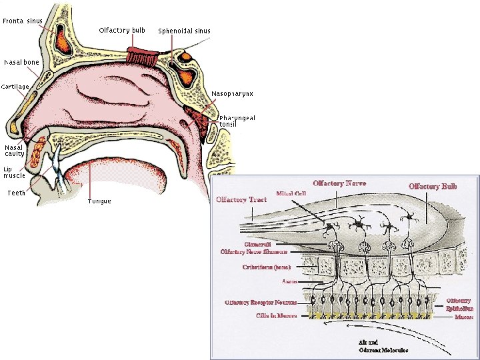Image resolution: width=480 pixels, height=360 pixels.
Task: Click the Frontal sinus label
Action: [23, 21]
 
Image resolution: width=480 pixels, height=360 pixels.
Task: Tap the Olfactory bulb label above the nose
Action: [122, 30]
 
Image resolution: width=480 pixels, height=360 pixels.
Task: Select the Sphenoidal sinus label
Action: [184, 31]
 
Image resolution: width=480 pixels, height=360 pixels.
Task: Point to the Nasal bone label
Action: [21, 62]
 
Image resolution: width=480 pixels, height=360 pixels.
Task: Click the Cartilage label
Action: [15, 87]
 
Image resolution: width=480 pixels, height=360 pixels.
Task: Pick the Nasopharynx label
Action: [232, 93]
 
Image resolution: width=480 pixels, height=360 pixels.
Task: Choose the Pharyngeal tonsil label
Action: [237, 121]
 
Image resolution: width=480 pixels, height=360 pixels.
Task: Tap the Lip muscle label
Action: [15, 172]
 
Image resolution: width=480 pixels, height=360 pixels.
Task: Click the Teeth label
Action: [16, 193]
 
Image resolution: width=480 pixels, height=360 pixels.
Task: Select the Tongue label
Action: [99, 201]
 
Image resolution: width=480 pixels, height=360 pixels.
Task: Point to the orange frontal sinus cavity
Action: [64, 41]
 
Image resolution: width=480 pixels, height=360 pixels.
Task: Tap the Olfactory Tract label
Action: [241, 199]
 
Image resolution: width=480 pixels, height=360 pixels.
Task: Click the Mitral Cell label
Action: [291, 193]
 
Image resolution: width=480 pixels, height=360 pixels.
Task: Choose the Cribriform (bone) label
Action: [265, 267]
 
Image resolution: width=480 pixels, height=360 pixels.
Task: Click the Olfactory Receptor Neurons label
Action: [261, 303]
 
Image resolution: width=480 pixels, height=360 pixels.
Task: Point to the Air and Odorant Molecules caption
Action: [383, 346]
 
